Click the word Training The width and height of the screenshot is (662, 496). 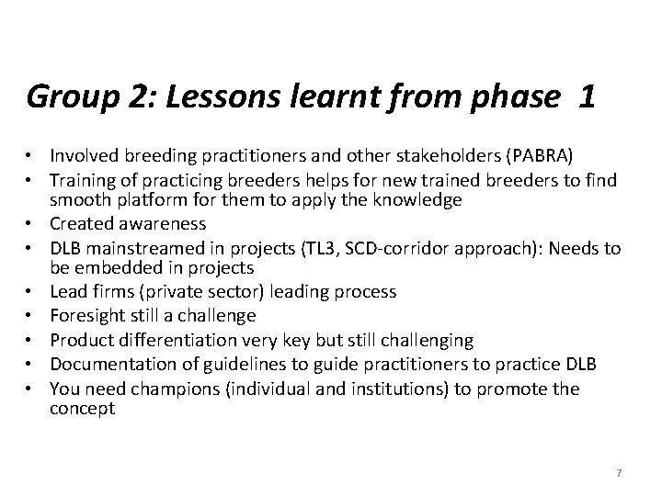click(x=84, y=177)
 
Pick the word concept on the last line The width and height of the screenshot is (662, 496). click(x=82, y=409)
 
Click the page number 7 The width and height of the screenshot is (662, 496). click(x=619, y=472)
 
